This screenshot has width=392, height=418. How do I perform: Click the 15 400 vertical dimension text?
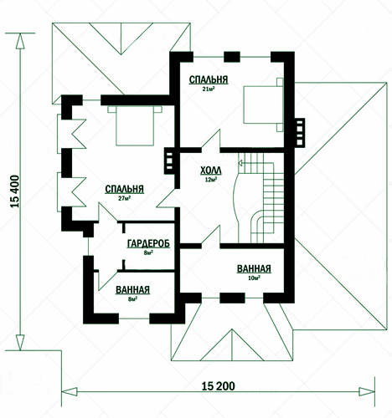(x=15, y=191)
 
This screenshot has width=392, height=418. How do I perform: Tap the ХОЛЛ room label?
(x=211, y=171)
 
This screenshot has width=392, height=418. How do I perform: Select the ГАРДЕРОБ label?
(x=148, y=243)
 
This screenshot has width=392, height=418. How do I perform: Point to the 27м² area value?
(x=125, y=198)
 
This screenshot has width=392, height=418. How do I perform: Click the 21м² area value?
(x=209, y=89)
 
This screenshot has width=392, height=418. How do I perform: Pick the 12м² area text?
(x=211, y=180)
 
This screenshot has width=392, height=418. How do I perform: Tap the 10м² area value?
(x=254, y=278)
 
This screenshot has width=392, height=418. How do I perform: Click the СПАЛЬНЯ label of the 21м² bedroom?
(x=209, y=79)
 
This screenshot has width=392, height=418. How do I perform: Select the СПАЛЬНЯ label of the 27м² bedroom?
(x=125, y=189)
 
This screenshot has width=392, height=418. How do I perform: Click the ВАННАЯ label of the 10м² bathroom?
(x=254, y=268)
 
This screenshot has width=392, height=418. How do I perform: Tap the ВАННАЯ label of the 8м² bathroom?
(x=132, y=290)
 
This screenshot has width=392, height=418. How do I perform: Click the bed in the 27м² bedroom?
(x=135, y=125)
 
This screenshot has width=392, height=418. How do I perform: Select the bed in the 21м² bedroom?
(x=263, y=104)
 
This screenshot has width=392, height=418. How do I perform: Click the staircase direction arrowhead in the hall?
(x=240, y=163)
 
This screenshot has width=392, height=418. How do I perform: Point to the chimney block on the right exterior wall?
(x=299, y=133)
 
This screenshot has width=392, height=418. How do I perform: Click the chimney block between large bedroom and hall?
(x=169, y=161)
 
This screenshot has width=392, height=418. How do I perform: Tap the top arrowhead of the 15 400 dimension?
(x=20, y=42)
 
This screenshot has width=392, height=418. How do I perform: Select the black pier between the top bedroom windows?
(x=232, y=57)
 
